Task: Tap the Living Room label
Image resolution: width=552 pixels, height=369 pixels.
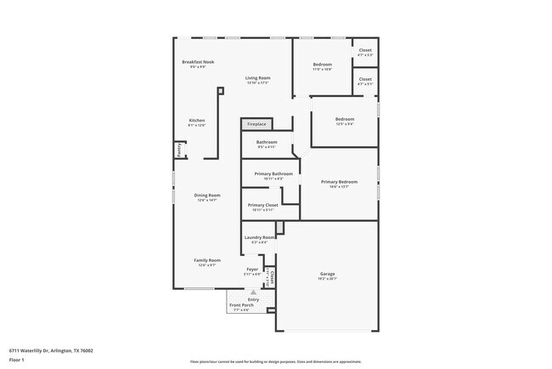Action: tap(257, 78)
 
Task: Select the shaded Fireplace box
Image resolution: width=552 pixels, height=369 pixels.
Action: tap(256, 124)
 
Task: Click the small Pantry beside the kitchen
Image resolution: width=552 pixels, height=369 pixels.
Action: tap(179, 150)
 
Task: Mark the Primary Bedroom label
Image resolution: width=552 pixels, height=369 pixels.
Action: tap(339, 182)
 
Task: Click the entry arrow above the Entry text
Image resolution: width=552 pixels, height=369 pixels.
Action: tap(252, 291)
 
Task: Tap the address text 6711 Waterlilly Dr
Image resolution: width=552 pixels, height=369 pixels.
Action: tap(51, 349)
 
